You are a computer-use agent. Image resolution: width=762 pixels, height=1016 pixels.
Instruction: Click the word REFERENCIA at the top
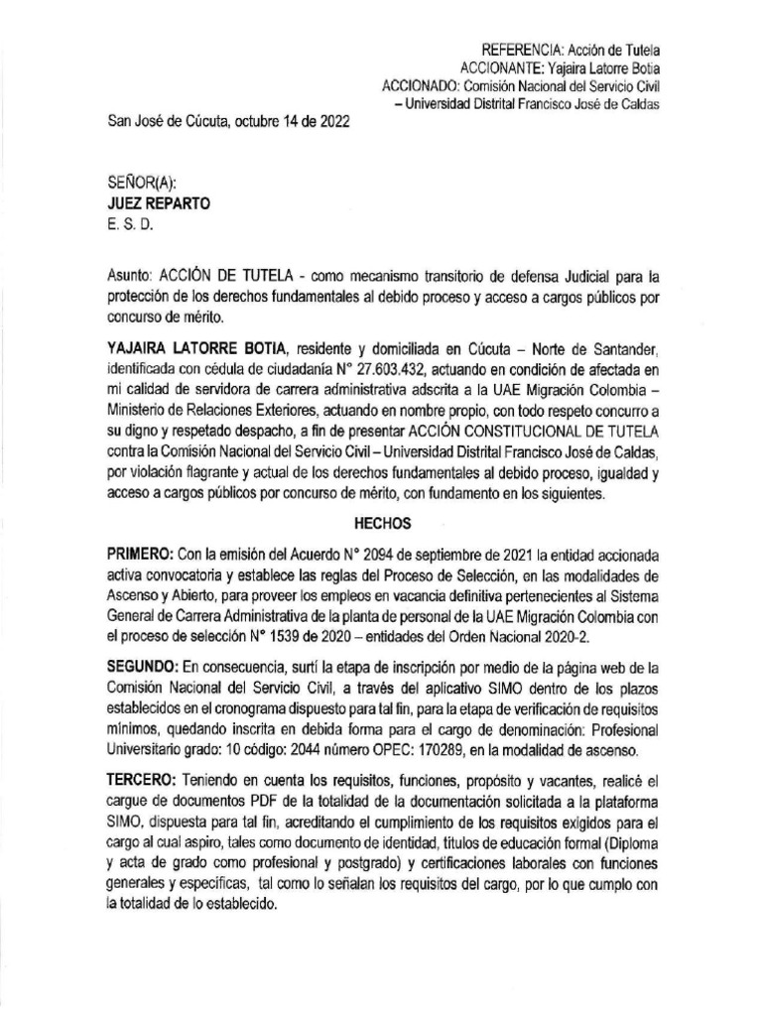520,50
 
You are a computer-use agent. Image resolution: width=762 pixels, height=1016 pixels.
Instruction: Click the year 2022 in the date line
331,122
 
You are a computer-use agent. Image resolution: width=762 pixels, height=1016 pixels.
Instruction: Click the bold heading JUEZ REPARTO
158,203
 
